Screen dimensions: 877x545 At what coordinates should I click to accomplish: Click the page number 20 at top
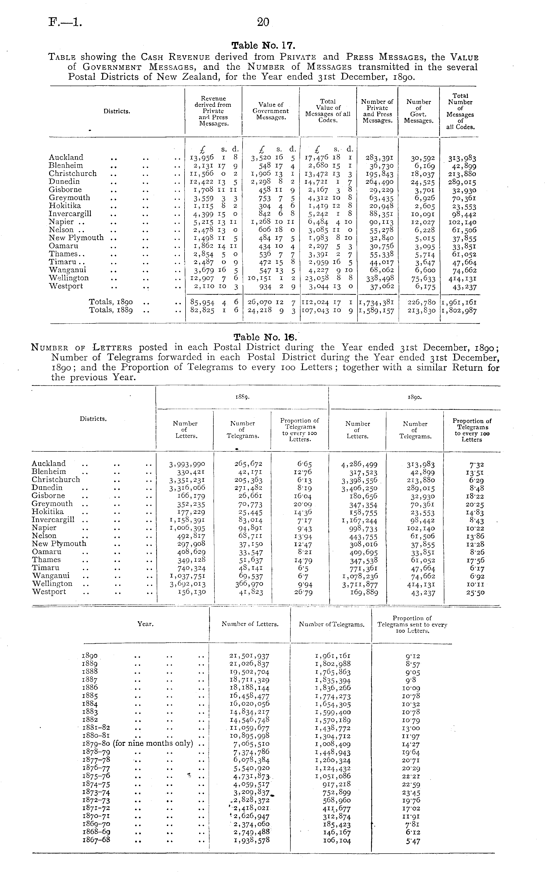pyautogui.click(x=263, y=22)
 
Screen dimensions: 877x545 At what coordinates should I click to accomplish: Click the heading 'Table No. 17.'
pyautogui.click(x=263, y=46)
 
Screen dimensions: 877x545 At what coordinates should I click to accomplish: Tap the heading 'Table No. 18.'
pyautogui.click(x=265, y=337)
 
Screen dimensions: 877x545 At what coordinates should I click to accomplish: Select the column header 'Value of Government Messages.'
pyautogui.click(x=270, y=111)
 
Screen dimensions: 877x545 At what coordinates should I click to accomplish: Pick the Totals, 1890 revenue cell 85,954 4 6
pyautogui.click(x=214, y=302)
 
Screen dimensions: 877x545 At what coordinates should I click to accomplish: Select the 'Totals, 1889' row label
pyautogui.click(x=111, y=310)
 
